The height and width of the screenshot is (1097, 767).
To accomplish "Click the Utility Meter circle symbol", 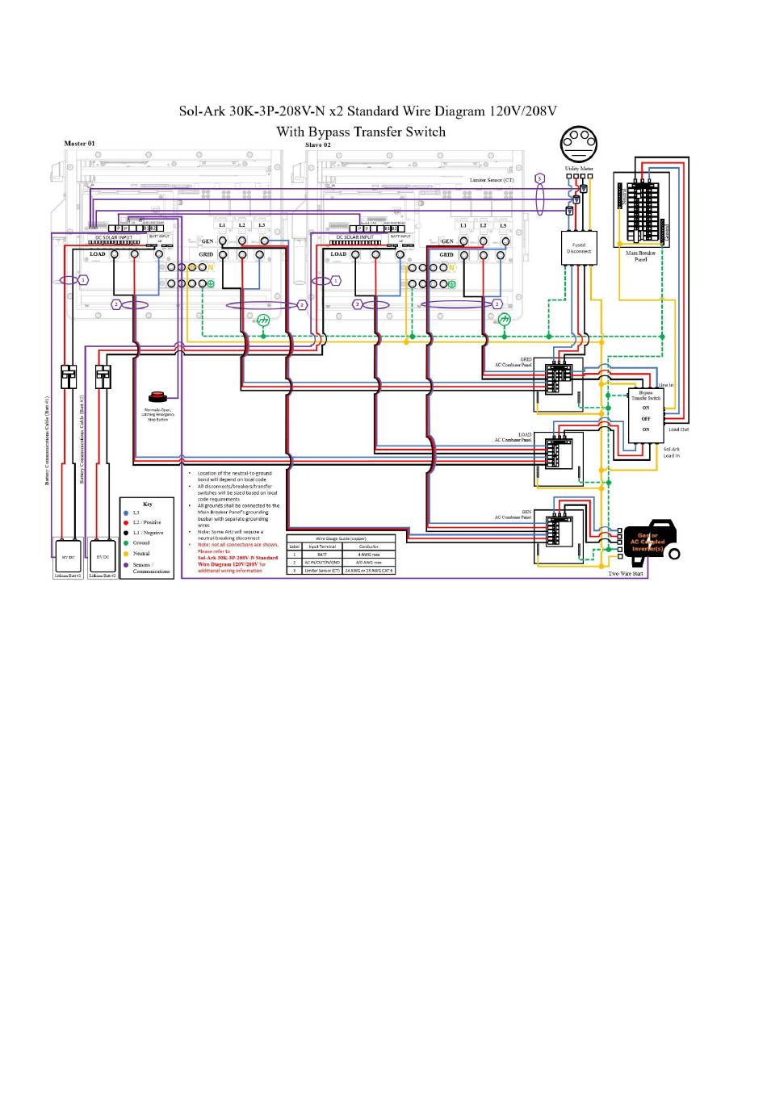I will (578, 145).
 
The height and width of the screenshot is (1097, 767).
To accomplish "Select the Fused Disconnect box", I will (579, 248).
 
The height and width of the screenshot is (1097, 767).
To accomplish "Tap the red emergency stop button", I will (157, 396).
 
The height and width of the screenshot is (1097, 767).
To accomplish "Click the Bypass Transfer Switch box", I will (645, 414).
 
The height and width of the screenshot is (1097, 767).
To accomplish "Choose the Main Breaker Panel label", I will (640, 256).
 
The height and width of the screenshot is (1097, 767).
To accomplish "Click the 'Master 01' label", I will (79, 144).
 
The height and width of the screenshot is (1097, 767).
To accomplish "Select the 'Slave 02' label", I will (317, 144).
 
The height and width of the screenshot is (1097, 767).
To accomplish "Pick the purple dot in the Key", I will (126, 565).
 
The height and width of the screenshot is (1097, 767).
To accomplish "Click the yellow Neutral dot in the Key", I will (126, 554).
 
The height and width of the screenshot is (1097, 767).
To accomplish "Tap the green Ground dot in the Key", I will (126, 543).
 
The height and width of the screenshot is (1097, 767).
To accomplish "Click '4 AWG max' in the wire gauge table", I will (369, 555).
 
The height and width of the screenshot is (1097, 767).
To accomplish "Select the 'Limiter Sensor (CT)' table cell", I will (322, 571).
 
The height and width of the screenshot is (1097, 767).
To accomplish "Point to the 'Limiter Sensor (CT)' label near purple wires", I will (492, 180).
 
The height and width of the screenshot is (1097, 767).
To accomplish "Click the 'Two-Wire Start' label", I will (626, 574).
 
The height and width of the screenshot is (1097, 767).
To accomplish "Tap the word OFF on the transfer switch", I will (646, 419).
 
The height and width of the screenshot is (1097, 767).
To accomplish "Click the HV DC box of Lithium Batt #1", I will (68, 557).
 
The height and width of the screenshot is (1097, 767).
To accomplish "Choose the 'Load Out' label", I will (678, 429).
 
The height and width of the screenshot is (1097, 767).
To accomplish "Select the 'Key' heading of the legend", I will (147, 504).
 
